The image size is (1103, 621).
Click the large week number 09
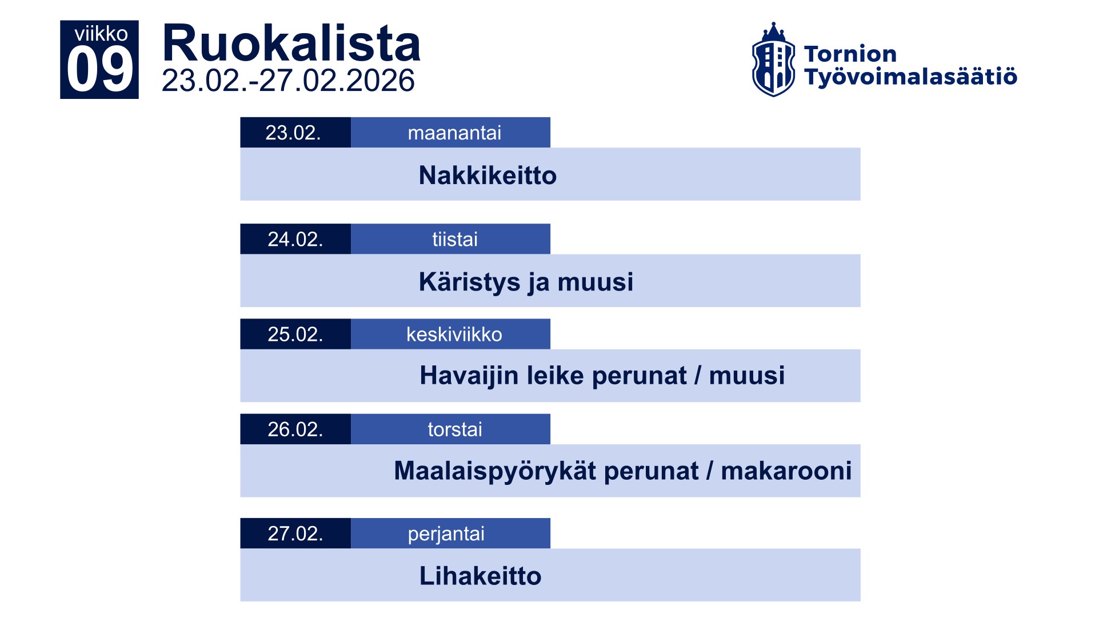(100, 69)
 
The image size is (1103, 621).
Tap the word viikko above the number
(101, 34)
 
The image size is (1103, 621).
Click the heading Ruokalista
(291, 43)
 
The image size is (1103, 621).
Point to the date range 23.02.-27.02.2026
(288, 81)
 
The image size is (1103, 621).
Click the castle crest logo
(773, 60)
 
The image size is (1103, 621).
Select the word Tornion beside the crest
(850, 54)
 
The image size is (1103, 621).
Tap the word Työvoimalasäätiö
(910, 77)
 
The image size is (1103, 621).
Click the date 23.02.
(293, 133)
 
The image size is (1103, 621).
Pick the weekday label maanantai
(454, 133)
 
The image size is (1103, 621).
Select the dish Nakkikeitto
(487, 175)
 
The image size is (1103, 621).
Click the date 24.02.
(295, 239)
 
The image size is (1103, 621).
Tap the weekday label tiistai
(455, 239)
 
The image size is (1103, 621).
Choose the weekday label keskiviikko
(454, 334)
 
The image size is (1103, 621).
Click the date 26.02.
(295, 429)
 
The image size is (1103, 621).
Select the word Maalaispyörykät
(495, 471)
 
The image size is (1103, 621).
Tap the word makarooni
(786, 471)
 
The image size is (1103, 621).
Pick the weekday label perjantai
(446, 534)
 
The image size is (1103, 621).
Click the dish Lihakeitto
(480, 576)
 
